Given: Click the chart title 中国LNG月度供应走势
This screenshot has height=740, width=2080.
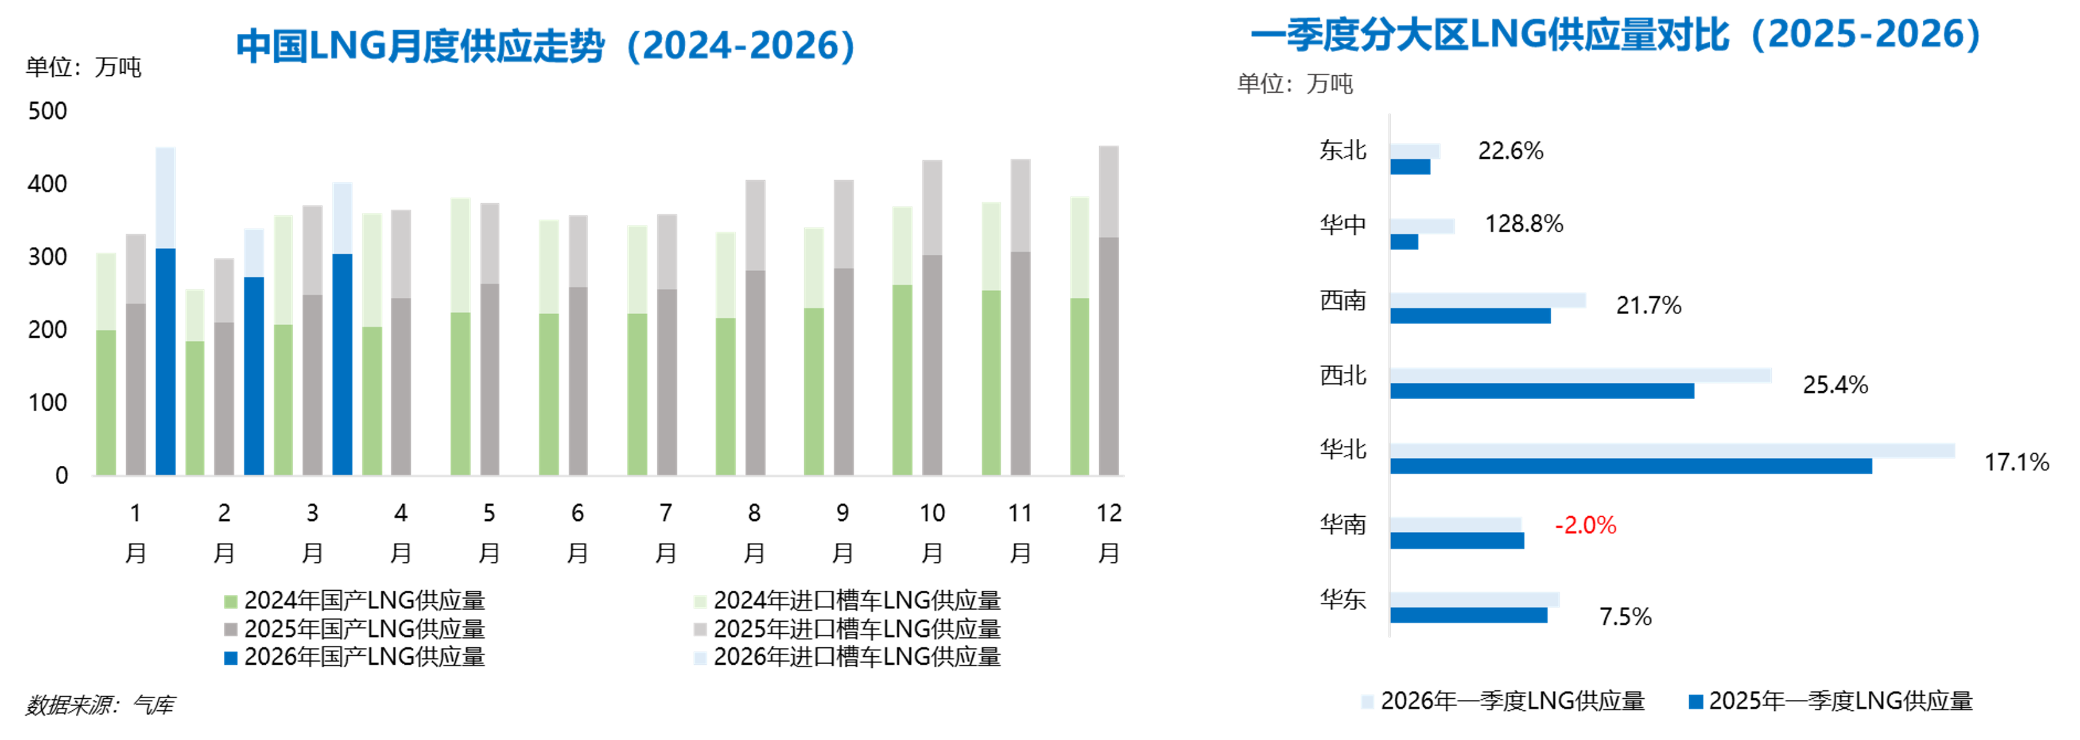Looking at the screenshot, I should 420,47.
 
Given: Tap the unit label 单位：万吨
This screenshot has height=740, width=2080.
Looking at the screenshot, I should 1295,84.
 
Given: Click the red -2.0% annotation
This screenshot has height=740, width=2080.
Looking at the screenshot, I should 1585,526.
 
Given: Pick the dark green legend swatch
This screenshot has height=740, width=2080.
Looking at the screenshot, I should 231,602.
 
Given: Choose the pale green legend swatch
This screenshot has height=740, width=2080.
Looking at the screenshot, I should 700,602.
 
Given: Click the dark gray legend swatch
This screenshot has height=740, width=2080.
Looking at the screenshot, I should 231,630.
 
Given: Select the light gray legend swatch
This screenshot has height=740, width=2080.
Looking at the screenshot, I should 700,630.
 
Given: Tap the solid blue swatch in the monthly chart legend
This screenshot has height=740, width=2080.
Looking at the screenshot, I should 231,658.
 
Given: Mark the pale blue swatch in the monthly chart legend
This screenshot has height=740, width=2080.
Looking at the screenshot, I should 700,658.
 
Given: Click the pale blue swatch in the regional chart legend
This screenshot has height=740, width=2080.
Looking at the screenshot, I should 1367,701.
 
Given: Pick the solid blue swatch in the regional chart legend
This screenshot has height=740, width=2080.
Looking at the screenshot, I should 1696,701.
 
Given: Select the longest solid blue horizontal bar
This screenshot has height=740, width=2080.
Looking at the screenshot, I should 1631,466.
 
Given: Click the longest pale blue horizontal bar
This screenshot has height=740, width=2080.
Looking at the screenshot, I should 1672,450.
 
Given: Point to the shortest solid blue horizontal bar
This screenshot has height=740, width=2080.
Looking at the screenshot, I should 1404,242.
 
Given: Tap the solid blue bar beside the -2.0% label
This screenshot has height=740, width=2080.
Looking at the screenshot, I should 1457,542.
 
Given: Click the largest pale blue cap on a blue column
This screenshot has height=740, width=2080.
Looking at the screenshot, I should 166,198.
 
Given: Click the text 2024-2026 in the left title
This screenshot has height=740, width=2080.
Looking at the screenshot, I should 741,47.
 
